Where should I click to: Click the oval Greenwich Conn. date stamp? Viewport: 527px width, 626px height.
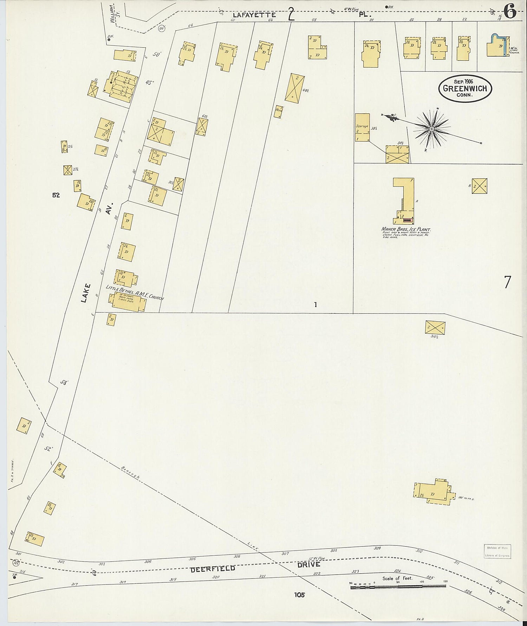(465, 88)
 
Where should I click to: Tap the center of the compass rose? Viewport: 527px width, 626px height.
(431, 129)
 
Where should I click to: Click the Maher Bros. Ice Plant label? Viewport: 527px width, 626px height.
(406, 230)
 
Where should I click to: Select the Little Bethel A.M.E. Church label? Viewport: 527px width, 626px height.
(135, 288)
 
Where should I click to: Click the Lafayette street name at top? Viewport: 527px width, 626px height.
(254, 15)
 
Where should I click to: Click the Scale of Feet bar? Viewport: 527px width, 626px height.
(398, 586)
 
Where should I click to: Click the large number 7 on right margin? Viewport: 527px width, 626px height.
(507, 282)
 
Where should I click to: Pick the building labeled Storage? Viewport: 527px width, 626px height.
(362, 127)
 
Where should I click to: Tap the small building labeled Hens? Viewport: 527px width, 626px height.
(278, 112)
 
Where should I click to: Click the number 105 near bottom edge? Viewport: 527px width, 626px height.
(300, 595)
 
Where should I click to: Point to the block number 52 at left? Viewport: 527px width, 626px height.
(56, 195)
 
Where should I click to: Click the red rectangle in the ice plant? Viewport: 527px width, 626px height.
(408, 220)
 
